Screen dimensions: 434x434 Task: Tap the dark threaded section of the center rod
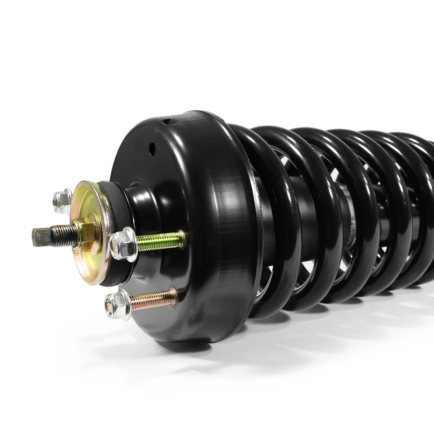coord(63,235)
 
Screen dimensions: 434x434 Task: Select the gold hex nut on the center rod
coord(87,233)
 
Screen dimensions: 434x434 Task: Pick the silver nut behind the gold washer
coord(62,201)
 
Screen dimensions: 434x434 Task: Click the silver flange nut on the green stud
coord(123,245)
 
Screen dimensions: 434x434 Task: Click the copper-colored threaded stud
coord(154,299)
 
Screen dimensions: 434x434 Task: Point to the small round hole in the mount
coord(152,149)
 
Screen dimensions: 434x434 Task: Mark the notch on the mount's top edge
coord(168,121)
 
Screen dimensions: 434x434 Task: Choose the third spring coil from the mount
coord(357,212)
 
